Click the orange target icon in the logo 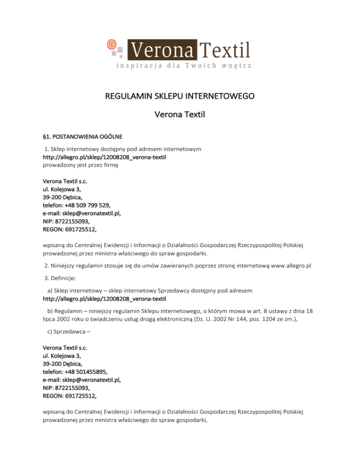(112, 45)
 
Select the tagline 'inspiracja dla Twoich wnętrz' (184, 66)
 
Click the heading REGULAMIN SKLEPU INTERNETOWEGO (180, 98)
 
